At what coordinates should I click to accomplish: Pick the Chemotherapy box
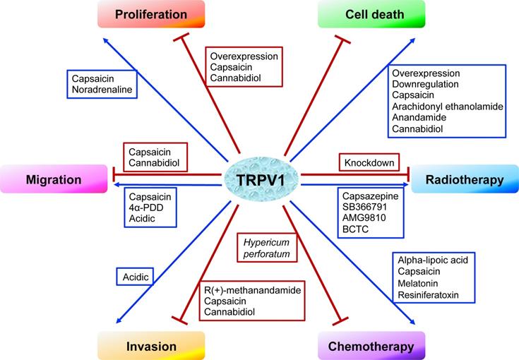pyautogui.click(x=371, y=346)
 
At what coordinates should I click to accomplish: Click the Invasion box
pyautogui.click(x=152, y=346)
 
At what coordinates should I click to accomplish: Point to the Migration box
pyautogui.click(x=54, y=179)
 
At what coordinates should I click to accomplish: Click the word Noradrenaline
pyautogui.click(x=102, y=90)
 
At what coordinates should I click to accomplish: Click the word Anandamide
pyautogui.click(x=422, y=118)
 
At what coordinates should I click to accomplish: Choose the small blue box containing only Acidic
pyautogui.click(x=135, y=277)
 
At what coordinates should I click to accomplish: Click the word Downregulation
pyautogui.click(x=426, y=84)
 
